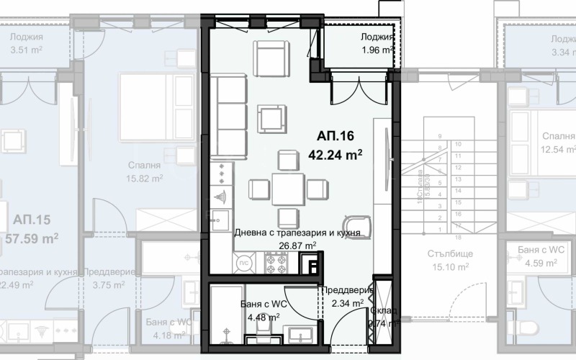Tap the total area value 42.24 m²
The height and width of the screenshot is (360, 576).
[x=335, y=153]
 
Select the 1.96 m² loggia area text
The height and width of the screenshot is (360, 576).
[x=377, y=51]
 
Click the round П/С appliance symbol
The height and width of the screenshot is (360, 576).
[x=243, y=264]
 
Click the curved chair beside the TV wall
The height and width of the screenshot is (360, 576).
[x=357, y=225]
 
